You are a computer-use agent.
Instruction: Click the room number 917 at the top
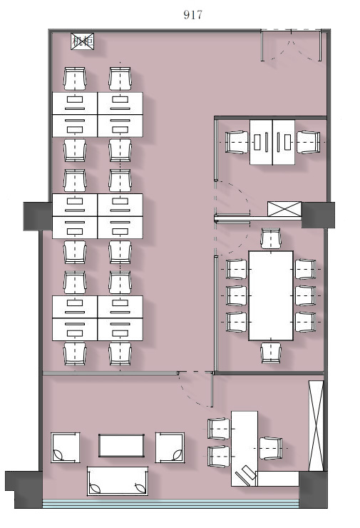(x=192, y=14)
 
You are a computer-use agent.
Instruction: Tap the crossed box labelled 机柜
(x=83, y=41)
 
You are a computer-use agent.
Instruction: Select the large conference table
(x=271, y=295)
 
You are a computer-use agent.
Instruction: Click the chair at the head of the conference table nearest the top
(x=271, y=238)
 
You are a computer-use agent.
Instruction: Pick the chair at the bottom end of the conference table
(x=271, y=352)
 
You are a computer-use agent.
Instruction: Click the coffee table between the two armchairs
(x=121, y=445)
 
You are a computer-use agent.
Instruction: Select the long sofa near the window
(x=118, y=481)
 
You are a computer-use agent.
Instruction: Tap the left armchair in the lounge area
(x=66, y=447)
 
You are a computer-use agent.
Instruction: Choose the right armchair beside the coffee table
(x=170, y=447)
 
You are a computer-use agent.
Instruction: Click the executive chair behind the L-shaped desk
(x=271, y=448)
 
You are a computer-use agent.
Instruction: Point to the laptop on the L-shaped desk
(x=245, y=474)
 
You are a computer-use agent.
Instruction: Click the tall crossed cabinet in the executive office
(x=316, y=426)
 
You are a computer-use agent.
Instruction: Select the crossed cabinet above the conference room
(x=284, y=209)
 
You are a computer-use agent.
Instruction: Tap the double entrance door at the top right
(x=292, y=46)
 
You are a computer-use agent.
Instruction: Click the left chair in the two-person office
(x=237, y=142)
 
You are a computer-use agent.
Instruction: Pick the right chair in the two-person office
(x=308, y=142)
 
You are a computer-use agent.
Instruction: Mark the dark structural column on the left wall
(x=38, y=216)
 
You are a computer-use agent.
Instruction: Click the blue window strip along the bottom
(x=170, y=504)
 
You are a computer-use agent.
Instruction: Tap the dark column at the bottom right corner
(x=314, y=489)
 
